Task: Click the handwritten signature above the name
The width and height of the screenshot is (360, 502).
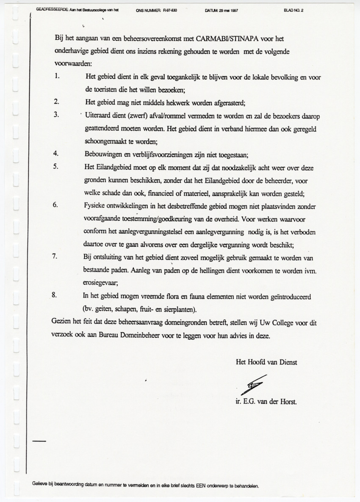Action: tap(253, 384)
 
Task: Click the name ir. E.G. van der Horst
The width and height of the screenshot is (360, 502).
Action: tap(266, 402)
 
